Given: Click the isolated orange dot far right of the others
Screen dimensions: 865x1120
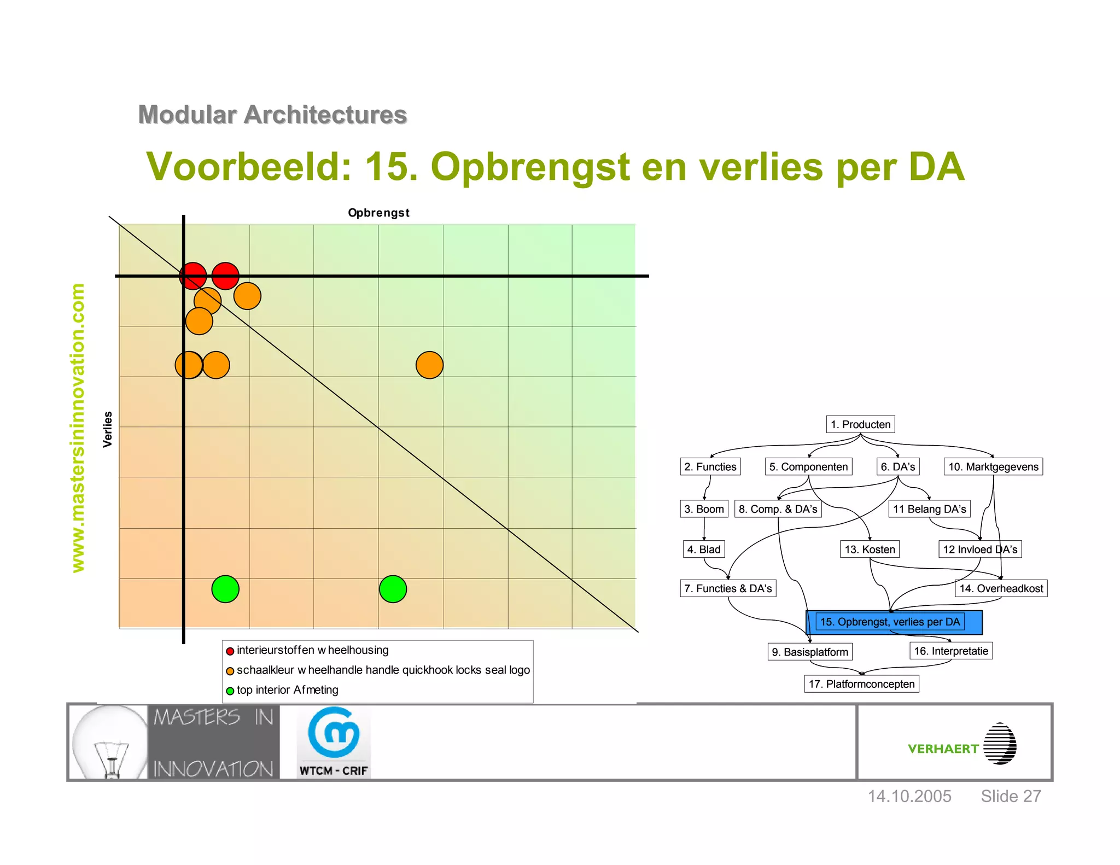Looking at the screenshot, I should pos(429,365).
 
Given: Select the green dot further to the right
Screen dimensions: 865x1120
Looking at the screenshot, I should pos(393,589).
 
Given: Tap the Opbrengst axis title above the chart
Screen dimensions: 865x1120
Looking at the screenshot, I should pos(378,213).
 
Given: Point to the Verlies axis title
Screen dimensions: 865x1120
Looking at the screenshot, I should pos(108,429).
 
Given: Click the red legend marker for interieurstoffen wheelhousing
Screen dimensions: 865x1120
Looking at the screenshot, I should pos(230,651).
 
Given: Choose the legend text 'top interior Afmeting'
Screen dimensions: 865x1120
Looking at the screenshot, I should pos(287,690).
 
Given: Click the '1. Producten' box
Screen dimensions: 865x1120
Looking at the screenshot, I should pos(860,424).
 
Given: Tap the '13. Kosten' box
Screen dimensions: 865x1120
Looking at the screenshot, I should pos(870,549).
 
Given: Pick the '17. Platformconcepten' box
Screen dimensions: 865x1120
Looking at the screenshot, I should pos(861,684).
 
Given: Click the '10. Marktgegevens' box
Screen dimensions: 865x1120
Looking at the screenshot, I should pos(993,466).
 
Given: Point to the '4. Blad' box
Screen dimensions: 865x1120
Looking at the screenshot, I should pos(704,549).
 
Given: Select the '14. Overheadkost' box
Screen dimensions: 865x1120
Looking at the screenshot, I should pos(1001,588).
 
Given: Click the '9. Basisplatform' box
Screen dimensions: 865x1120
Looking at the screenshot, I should pos(810,652).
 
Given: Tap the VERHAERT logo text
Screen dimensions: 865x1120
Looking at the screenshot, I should pos(943,749).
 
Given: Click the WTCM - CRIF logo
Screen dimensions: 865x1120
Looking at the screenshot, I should pos(334,742).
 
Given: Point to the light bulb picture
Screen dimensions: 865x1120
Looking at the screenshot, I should pos(109,742).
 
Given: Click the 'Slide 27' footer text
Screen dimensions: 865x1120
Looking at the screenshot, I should pos(1011,796).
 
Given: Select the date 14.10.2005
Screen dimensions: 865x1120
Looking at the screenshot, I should pos(909,796).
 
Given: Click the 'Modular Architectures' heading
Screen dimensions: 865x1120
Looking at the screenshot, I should pos(272,115).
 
